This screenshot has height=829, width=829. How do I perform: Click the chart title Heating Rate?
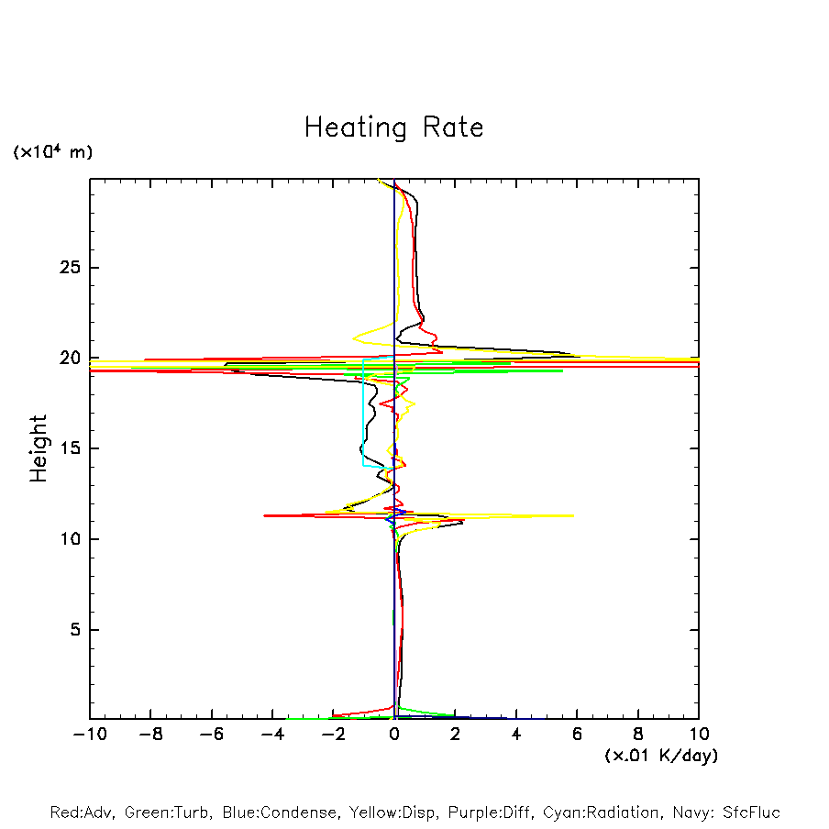point(393,127)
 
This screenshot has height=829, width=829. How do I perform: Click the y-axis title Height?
point(39,448)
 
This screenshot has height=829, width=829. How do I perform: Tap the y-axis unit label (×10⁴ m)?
point(52,152)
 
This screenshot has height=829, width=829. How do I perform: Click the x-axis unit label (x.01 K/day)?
point(660,756)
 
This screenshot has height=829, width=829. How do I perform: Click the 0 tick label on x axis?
point(394,735)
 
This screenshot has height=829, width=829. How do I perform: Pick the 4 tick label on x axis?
point(516,735)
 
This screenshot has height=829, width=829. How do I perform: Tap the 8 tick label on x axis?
point(638,735)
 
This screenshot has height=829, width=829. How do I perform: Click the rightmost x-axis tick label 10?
point(699,735)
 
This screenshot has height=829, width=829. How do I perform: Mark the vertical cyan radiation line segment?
point(364,413)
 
